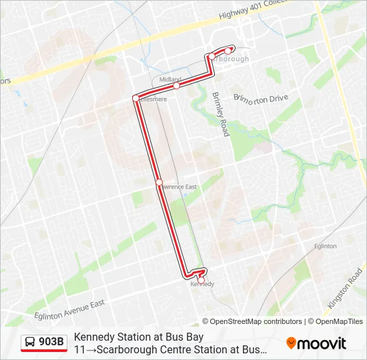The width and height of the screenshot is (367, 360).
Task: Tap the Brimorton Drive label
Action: click(260, 99)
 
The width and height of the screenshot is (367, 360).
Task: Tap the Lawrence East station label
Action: click(177, 187)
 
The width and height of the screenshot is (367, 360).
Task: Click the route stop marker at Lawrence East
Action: click(159, 181)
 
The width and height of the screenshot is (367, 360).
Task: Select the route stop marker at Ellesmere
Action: click(135, 98)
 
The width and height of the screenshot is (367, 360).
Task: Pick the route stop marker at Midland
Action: click(176, 85)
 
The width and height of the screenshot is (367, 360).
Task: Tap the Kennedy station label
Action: click(202, 284)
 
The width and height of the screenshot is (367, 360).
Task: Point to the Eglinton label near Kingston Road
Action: click(325, 246)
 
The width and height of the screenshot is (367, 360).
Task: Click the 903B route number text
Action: click(51, 342)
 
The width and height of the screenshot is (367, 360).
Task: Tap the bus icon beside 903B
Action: click(31, 342)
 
